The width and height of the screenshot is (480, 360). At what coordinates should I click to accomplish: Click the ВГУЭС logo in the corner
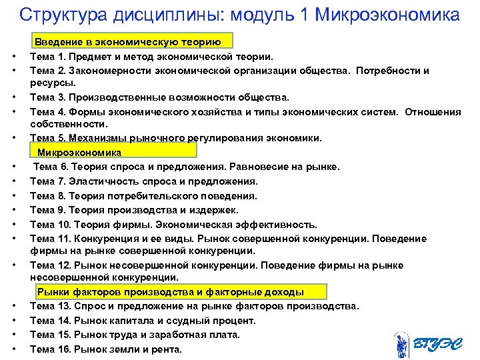pos(427,344)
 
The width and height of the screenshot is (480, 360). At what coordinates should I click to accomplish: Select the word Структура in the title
pos(59,14)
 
